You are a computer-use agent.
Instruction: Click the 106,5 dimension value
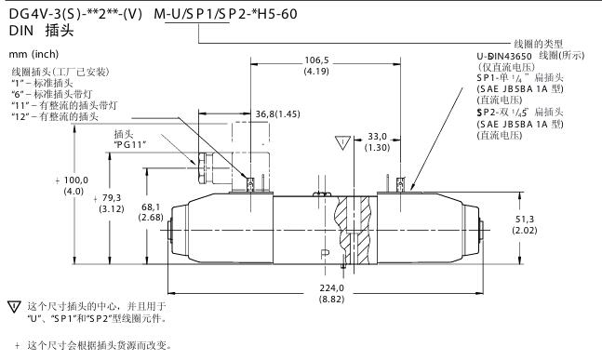point(316,60)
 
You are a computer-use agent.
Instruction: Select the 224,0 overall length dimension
point(332,287)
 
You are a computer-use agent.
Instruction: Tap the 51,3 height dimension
point(525,220)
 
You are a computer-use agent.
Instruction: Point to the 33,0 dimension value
point(378,136)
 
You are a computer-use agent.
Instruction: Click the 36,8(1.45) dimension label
point(277,114)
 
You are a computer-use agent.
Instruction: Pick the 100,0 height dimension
point(75,180)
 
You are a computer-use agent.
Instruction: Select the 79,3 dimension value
point(112,198)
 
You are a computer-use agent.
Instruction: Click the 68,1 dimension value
point(151,207)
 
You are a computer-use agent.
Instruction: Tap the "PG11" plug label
point(131,145)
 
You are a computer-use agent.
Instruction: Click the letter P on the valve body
point(325,254)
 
